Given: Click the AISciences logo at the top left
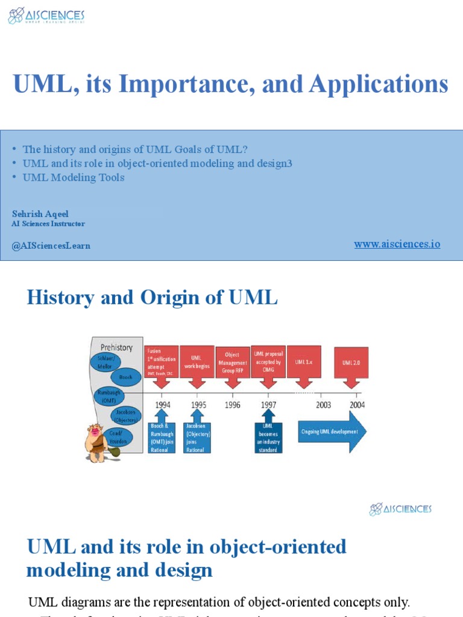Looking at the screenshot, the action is click(46, 16).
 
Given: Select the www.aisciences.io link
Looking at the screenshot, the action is click(397, 244).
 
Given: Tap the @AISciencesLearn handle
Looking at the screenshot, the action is click(51, 246).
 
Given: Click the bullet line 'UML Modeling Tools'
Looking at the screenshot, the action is click(74, 177).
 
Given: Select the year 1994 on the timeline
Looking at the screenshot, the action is click(162, 405).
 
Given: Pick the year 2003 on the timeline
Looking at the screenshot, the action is click(323, 405).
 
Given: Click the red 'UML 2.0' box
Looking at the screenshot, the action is click(351, 362).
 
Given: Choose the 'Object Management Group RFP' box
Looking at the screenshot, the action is click(232, 363).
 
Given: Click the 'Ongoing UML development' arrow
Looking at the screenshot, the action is click(332, 431).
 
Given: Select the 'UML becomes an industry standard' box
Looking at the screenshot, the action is click(268, 437).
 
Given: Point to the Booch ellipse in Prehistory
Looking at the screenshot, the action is click(125, 377).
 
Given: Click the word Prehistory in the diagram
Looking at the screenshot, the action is click(116, 347).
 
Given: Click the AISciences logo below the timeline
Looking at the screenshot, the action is click(400, 509).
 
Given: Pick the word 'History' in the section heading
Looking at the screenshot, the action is click(60, 298).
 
